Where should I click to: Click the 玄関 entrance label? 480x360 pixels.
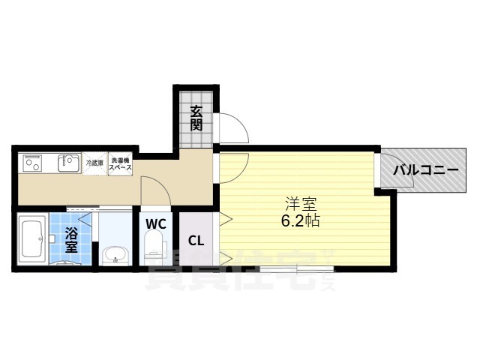(196, 118)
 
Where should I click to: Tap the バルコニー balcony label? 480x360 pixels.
(425, 171)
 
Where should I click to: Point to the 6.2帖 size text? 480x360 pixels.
(302, 221)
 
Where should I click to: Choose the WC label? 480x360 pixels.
(156, 223)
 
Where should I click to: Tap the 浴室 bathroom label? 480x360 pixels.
(72, 238)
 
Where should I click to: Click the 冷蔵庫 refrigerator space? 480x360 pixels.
(94, 163)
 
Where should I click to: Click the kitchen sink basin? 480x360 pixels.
(68, 163)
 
